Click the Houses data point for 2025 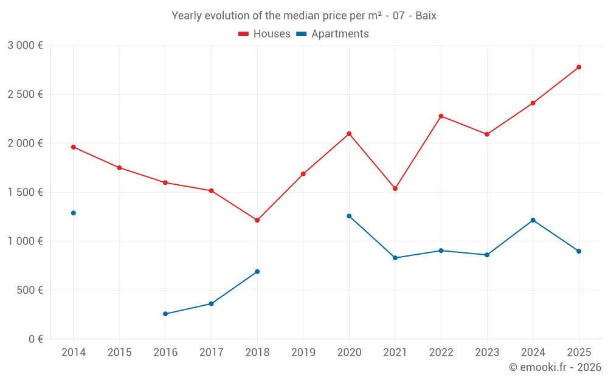coord(579,67)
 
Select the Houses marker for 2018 coord(257,220)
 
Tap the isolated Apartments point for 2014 coord(74,213)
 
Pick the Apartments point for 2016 coord(165,314)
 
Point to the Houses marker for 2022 coord(441,116)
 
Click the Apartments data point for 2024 coord(533,220)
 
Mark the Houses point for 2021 coord(395,188)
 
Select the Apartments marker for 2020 coord(349,216)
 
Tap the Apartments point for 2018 coord(257,271)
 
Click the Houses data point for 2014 coord(74,147)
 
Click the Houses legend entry coord(264,34)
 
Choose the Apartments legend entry coord(333,34)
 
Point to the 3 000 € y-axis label coord(25,46)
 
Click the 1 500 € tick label coord(25,192)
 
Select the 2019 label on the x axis coord(303,352)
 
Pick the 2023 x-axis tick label coord(486,352)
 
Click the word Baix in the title coord(426,16)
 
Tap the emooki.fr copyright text coord(555,367)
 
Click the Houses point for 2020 coord(349,134)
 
